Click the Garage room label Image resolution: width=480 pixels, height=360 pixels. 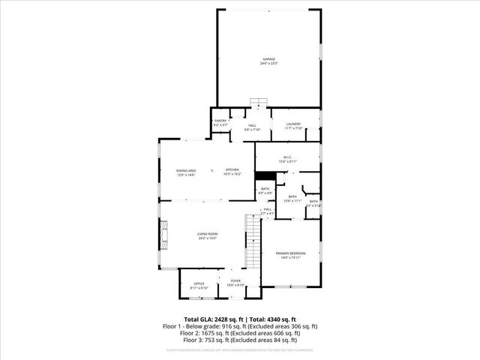point(268,58)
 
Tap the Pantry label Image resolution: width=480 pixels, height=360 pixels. point(220,121)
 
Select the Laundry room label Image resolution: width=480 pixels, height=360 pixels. point(293,124)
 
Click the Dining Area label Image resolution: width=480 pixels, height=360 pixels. point(187,171)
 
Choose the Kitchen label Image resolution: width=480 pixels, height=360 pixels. point(232,170)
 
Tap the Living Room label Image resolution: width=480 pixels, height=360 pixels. point(207,236)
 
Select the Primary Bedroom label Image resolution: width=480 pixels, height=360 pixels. point(289,254)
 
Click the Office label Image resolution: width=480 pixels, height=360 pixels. point(199,283)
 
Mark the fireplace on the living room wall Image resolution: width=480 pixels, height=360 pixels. point(163,237)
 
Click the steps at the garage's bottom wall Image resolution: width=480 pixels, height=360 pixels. point(259,103)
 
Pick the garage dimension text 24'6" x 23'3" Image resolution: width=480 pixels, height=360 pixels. point(268,63)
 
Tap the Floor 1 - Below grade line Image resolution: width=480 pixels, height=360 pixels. point(240,326)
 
